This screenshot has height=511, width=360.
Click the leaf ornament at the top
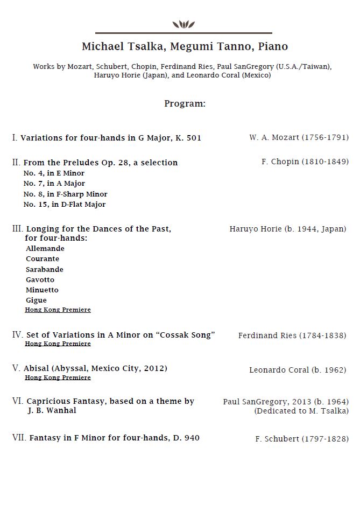coord(183,24)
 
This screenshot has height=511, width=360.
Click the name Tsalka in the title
coord(144,47)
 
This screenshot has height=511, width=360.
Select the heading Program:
coord(185,103)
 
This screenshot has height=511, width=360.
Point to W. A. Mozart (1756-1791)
coord(299,137)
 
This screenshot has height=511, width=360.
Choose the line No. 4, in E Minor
coord(54,173)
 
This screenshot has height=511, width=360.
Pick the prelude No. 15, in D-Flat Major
coord(65,205)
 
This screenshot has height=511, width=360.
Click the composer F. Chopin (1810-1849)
coord(305,162)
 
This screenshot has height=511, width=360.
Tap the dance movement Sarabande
coord(45,269)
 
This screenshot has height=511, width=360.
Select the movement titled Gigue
coord(36,300)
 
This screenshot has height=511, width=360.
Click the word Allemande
coord(45,249)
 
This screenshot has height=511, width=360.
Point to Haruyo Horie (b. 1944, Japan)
coord(288,229)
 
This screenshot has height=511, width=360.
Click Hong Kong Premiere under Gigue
coord(58,310)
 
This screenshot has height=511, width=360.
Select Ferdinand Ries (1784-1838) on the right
coord(292,335)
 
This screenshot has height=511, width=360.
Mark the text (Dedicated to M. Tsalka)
coord(301,411)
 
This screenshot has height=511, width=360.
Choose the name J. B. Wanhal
coord(52,410)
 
